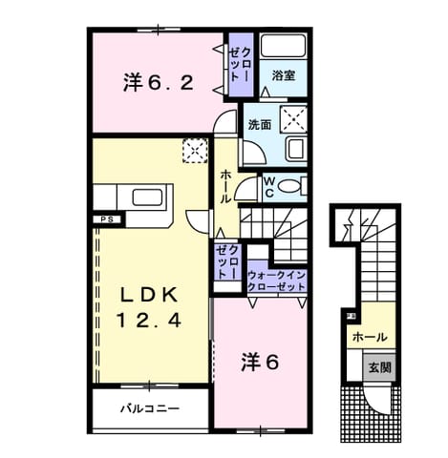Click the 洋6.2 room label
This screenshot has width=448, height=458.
[x=159, y=82]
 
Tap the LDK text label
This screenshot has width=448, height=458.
[x=149, y=295]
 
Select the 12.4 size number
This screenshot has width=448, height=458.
[x=149, y=320]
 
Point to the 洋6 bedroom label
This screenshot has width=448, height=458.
[x=260, y=363]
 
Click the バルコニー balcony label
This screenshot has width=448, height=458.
[x=150, y=408]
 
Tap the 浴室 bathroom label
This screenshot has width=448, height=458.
[x=284, y=75]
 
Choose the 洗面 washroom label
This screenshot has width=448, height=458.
[x=260, y=125]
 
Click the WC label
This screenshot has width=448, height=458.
[x=269, y=187]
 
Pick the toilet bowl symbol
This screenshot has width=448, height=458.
[x=289, y=186]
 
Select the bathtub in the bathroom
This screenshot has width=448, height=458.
[x=283, y=46]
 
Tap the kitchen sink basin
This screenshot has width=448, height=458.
[x=147, y=198]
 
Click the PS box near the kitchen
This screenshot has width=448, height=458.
[x=108, y=219]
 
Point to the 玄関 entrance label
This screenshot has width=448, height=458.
[x=380, y=367]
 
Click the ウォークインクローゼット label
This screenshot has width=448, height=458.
[x=277, y=281]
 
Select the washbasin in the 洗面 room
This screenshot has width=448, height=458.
[x=296, y=150]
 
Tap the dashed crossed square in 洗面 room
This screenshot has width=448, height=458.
[x=293, y=119]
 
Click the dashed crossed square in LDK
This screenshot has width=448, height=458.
[x=195, y=151]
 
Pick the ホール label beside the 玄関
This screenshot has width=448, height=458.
[x=370, y=337]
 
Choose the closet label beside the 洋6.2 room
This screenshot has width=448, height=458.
[x=241, y=65]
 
